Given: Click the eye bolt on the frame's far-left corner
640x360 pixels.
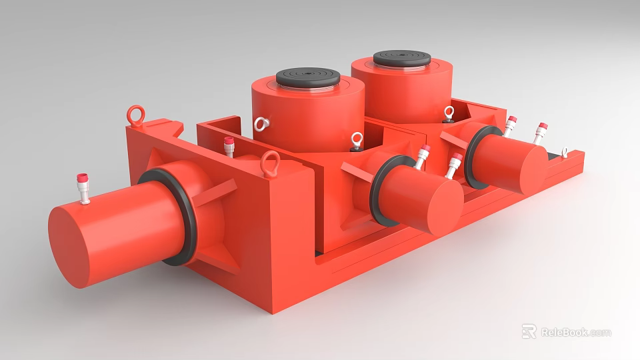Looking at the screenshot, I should click(137, 115).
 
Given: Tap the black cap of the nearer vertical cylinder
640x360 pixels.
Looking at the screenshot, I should click(308, 77).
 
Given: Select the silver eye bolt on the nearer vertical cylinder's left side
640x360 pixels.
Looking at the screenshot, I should click(261, 124).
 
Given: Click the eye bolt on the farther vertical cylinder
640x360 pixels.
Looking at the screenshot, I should click(449, 113).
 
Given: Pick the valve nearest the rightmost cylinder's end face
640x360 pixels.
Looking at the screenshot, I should click(540, 132).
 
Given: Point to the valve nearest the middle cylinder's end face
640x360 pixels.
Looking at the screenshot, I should click(455, 164).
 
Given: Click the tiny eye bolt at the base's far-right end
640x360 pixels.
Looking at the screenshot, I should click(565, 153).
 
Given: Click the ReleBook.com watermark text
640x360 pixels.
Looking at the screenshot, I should click(575, 332).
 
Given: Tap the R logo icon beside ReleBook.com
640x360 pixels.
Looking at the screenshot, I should click(529, 331).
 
